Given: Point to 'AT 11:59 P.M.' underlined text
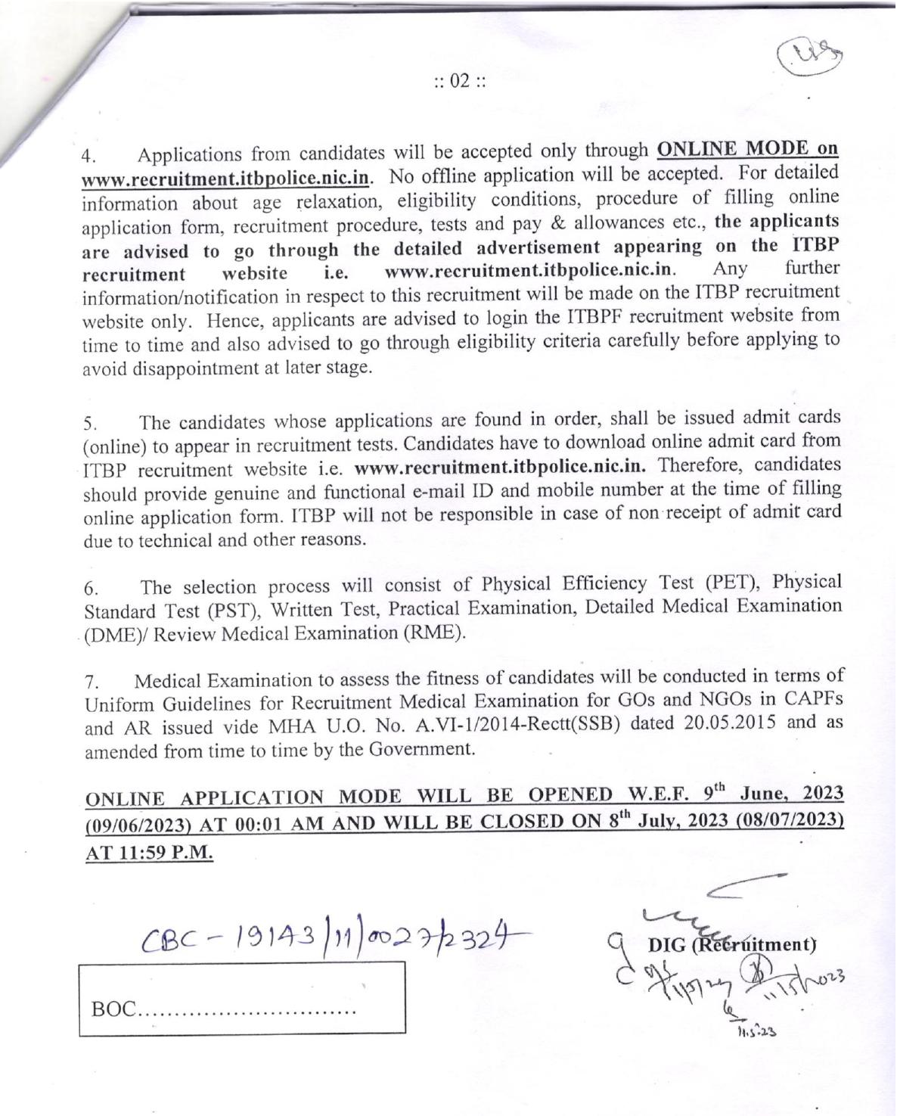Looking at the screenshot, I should click(x=149, y=852).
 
